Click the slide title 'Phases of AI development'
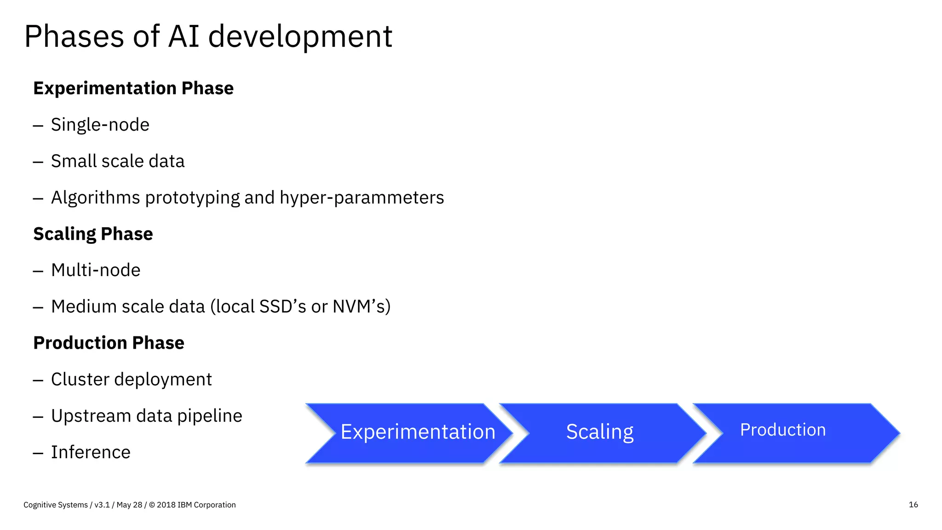click(208, 37)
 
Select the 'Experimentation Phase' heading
click(133, 88)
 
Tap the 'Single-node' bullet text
click(100, 125)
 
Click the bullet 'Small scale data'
click(117, 161)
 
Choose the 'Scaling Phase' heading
click(93, 234)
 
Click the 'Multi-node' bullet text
click(96, 270)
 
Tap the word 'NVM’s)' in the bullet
click(362, 307)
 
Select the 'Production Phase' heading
click(109, 343)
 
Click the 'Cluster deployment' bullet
click(131, 380)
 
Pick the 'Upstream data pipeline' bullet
click(146, 416)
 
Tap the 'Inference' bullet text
click(91, 452)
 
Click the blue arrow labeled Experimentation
click(409, 432)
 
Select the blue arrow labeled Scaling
click(600, 432)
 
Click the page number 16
click(913, 505)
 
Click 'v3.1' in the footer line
click(102, 505)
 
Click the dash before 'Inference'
click(38, 453)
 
